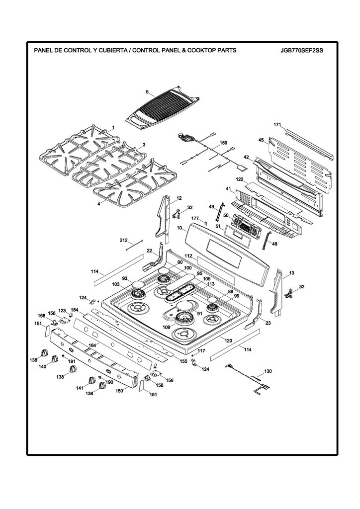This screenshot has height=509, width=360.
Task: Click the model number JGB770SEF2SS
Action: click(302, 50)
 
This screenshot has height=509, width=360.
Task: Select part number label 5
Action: click(147, 92)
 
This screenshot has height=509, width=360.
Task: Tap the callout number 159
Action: click(223, 143)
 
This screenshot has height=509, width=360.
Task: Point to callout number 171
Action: click(277, 125)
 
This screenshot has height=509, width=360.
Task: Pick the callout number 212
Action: click(123, 241)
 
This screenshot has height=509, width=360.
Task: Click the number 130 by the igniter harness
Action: click(268, 371)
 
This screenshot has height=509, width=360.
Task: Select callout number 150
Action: click(119, 391)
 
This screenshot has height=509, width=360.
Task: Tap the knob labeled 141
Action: click(92, 380)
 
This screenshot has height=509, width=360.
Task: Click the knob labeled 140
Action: click(55, 359)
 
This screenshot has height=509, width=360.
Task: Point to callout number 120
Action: click(228, 341)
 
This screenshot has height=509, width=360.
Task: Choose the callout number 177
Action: click(195, 219)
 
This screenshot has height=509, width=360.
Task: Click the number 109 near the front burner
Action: click(166, 327)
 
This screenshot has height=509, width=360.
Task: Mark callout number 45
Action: click(261, 140)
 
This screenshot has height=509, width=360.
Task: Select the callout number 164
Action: click(92, 345)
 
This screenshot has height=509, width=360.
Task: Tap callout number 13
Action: click(291, 273)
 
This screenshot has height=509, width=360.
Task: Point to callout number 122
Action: click(240, 179)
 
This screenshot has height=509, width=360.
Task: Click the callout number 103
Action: click(115, 284)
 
